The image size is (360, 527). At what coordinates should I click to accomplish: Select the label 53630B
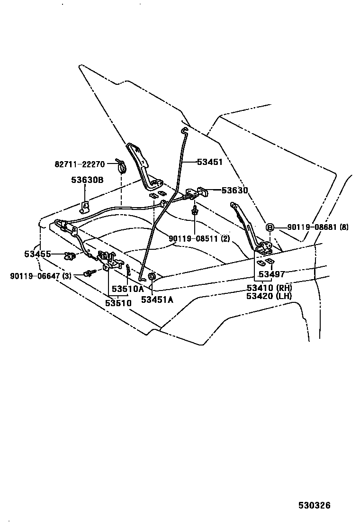pyautogui.click(x=87, y=180)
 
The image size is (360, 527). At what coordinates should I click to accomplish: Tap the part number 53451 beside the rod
pyautogui.click(x=209, y=162)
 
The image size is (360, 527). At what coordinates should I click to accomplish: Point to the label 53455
pyautogui.click(x=37, y=254)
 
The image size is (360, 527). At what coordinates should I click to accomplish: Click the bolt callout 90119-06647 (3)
pyautogui.click(x=40, y=275)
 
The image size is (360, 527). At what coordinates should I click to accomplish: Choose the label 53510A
pyautogui.click(x=127, y=289)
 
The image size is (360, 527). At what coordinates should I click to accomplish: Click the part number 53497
pyautogui.click(x=272, y=275)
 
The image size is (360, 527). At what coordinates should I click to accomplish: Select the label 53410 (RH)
pyautogui.click(x=269, y=288)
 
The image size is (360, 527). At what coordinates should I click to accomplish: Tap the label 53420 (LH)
pyautogui.click(x=269, y=296)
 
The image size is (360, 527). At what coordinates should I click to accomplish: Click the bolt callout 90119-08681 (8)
pyautogui.click(x=318, y=227)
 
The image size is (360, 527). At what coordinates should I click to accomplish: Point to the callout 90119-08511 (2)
pyautogui.click(x=199, y=238)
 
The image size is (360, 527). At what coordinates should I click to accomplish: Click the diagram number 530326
pyautogui.click(x=314, y=505)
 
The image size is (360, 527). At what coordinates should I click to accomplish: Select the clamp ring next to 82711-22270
pyautogui.click(x=121, y=167)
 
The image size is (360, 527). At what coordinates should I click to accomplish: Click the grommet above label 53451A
pyautogui.click(x=152, y=277)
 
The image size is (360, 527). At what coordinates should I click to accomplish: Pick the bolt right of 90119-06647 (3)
pyautogui.click(x=88, y=273)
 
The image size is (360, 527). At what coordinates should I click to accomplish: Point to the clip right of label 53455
pyautogui.click(x=71, y=256)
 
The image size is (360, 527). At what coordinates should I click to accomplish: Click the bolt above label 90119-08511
pyautogui.click(x=195, y=211)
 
